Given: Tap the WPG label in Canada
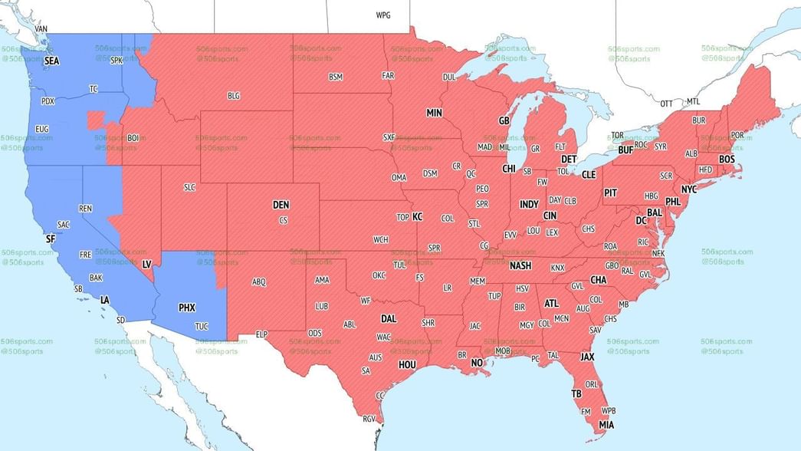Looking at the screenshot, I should coord(382,15).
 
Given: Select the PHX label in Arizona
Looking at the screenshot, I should coord(187,308).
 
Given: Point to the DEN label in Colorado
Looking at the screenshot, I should coord(281,205).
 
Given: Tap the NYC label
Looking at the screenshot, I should coord(689,189).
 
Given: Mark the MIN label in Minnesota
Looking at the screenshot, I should coord(435,113).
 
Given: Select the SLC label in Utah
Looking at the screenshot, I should coord(190,187).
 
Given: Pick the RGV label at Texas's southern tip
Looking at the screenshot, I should coord(369,419).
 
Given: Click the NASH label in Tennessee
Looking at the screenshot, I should coord(520,265).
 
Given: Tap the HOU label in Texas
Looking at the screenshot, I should coord(407,364).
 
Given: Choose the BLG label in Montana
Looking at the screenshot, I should coord(234,96).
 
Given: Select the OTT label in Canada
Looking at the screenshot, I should coord(667,103).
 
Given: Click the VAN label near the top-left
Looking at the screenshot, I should coord(41,29).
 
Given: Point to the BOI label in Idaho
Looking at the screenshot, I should coord(133,138).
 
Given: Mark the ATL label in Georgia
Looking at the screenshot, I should coord(551,303).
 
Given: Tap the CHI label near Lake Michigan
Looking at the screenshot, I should coord(509,168).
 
